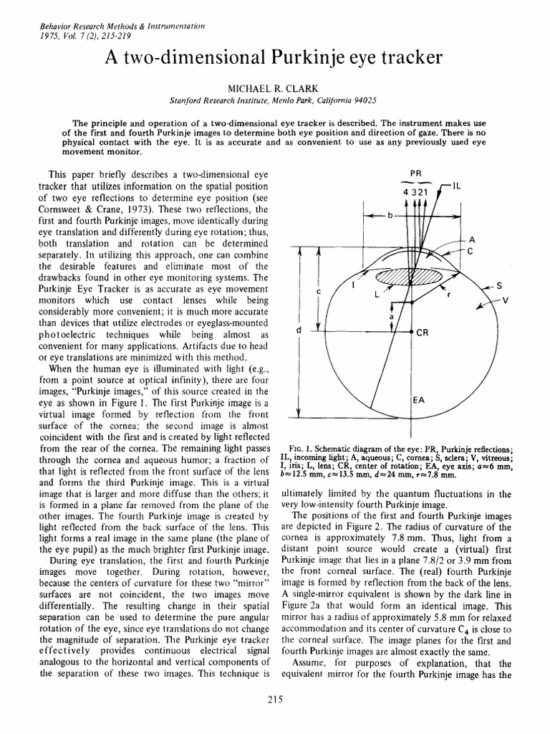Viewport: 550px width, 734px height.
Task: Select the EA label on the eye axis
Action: (420, 400)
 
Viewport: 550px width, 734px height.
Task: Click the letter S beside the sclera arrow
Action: (498, 285)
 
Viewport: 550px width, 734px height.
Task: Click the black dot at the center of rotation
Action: (410, 333)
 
